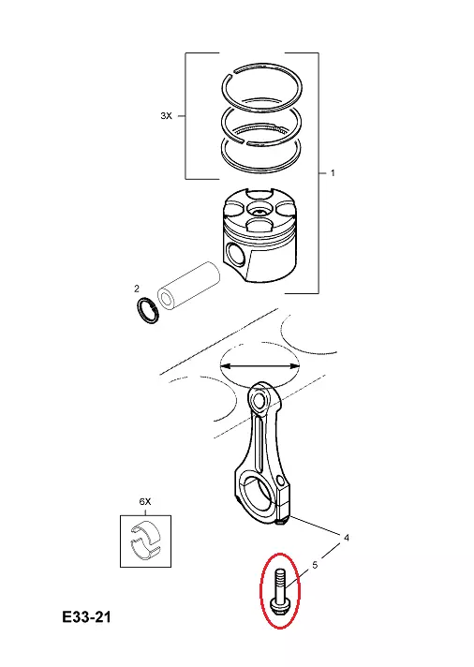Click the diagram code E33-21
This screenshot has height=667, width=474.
pyautogui.click(x=86, y=616)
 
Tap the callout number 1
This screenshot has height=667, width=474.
pyautogui.click(x=333, y=173)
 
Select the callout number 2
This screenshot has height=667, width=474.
pyautogui.click(x=137, y=289)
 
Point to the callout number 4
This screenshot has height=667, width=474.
pyautogui.click(x=347, y=538)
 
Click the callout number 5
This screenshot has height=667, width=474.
pyautogui.click(x=315, y=565)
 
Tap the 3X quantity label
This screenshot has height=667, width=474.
pyautogui.click(x=167, y=116)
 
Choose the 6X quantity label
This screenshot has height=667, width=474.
pyautogui.click(x=145, y=502)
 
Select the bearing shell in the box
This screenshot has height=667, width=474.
pyautogui.click(x=145, y=541)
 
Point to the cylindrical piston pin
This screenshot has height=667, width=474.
pyautogui.click(x=188, y=287)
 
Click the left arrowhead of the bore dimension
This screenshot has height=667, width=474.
pyautogui.click(x=224, y=365)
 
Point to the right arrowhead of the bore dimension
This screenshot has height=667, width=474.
pyautogui.click(x=295, y=365)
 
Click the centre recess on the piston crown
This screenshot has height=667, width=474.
pyautogui.click(x=259, y=209)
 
